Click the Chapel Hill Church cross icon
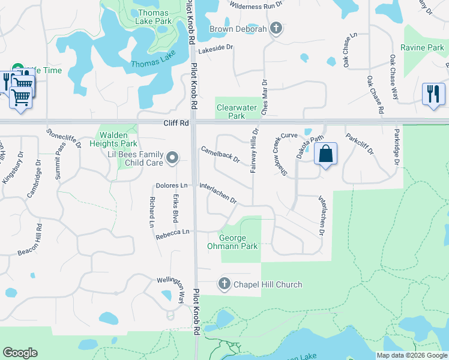click(x=224, y=284)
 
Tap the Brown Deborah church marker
click(x=276, y=29)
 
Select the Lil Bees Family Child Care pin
click(x=172, y=158)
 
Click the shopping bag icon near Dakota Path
click(x=325, y=154)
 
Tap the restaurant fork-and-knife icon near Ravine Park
click(x=433, y=94)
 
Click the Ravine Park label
click(x=422, y=47)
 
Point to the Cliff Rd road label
click(x=176, y=123)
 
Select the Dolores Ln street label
click(x=172, y=186)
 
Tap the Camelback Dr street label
click(x=220, y=155)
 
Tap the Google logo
click(x=20, y=353)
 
